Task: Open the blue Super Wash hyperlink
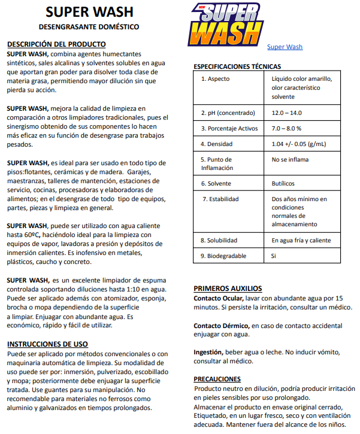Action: click(285, 47)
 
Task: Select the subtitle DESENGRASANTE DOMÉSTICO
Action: click(89, 27)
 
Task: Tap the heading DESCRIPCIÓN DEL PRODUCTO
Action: click(56, 44)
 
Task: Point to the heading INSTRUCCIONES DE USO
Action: click(47, 344)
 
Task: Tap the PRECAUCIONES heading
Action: click(217, 379)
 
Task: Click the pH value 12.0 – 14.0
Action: click(287, 113)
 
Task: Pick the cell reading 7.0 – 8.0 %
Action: click(286, 128)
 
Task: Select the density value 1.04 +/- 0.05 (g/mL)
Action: click(299, 144)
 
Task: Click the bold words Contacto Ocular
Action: click(218, 298)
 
